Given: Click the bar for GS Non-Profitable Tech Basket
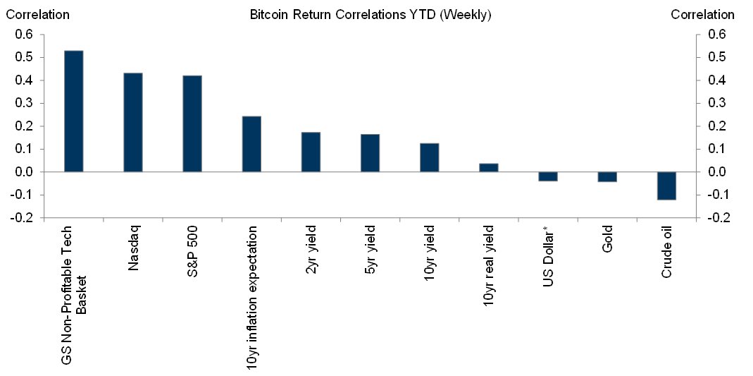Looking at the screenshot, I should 73,111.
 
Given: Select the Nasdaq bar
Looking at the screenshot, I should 133,122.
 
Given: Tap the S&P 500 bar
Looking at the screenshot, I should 192,123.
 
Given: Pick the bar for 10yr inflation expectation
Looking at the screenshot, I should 251,144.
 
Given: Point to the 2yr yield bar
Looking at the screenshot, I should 311,152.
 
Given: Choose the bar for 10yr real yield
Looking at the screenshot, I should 489,168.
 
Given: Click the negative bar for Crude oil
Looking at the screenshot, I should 666,186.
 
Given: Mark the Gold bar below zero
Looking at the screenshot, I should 607,177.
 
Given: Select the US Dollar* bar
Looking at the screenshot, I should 548,176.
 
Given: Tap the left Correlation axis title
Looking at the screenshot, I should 37,14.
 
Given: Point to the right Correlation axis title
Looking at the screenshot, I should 702,14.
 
